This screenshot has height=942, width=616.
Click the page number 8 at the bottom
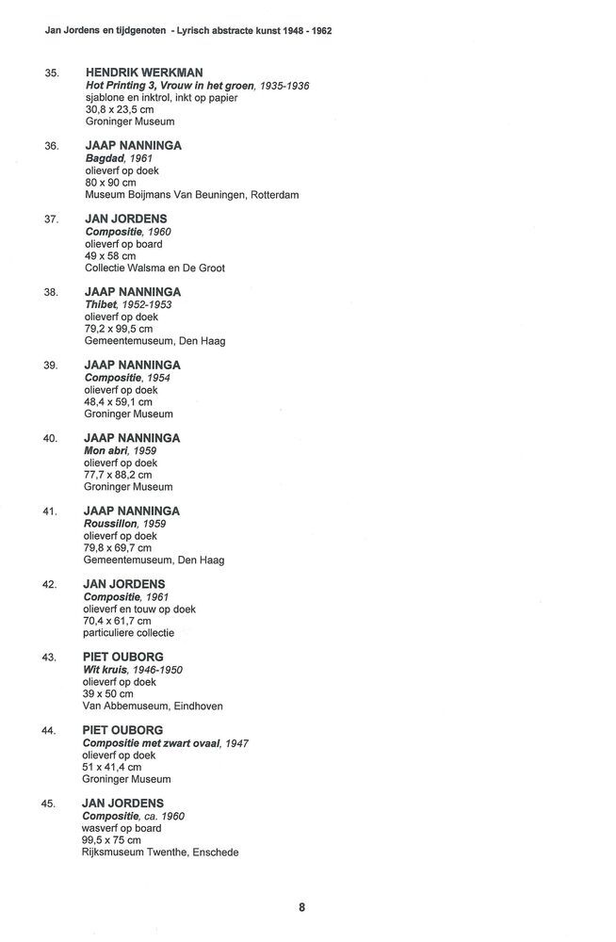click(x=301, y=908)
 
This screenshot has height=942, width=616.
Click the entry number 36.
click(x=52, y=146)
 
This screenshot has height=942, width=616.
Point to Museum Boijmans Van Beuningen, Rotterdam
click(x=191, y=195)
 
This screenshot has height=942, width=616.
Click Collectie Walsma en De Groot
click(x=154, y=268)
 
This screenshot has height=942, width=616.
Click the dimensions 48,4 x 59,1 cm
click(x=118, y=401)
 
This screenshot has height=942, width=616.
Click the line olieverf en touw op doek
click(x=139, y=609)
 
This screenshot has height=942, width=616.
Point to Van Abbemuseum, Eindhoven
click(x=154, y=706)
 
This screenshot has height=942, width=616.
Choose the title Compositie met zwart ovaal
click(x=151, y=742)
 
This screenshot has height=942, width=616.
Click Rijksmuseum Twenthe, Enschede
click(x=161, y=853)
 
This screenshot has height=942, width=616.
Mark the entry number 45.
click(x=52, y=804)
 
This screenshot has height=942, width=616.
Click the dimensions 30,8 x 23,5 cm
click(x=118, y=109)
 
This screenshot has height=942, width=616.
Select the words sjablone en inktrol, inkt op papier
click(x=162, y=97)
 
